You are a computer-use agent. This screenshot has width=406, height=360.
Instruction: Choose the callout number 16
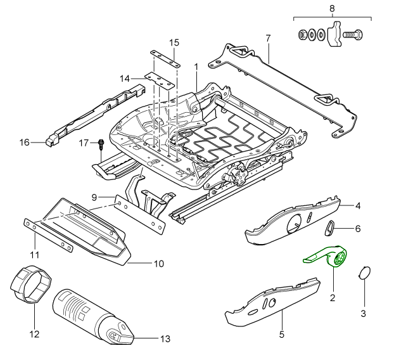(24, 143)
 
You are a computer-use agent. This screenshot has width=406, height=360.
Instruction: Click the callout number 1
(196, 66)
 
